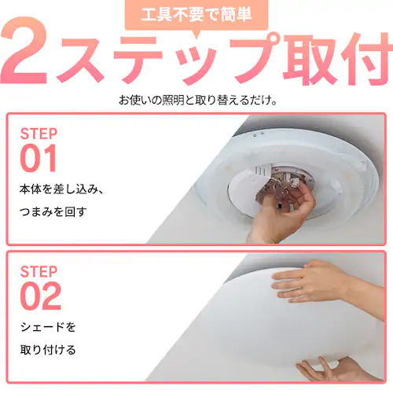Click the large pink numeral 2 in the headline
[x=25, y=51]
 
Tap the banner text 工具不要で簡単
[x=196, y=14]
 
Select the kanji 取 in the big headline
[x=310, y=59]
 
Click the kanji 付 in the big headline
[x=365, y=59]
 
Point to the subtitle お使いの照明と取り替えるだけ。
[x=198, y=100]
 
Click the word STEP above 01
[x=39, y=134]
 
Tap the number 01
[x=39, y=158]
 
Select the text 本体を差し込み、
[x=62, y=189]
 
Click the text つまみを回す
[x=53, y=211]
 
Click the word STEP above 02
[x=39, y=271]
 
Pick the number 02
[x=41, y=296]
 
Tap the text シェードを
[x=48, y=327]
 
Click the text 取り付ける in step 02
[x=48, y=350]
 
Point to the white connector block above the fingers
[x=263, y=169]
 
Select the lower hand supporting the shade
[x=338, y=369]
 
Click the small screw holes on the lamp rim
[x=258, y=134]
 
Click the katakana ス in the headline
[x=81, y=60]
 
